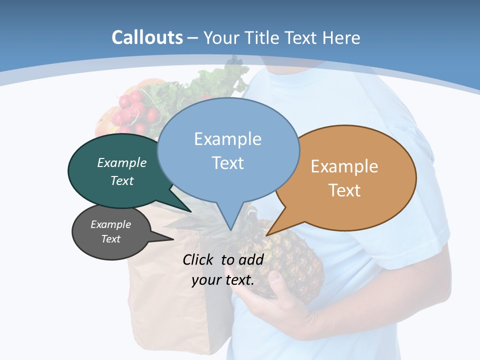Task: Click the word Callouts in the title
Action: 147,37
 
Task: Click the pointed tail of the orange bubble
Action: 268,234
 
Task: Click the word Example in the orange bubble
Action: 344,166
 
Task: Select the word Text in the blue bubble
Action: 228,163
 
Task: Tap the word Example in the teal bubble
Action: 122,163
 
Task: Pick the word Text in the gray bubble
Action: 111,239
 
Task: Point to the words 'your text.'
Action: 223,280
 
